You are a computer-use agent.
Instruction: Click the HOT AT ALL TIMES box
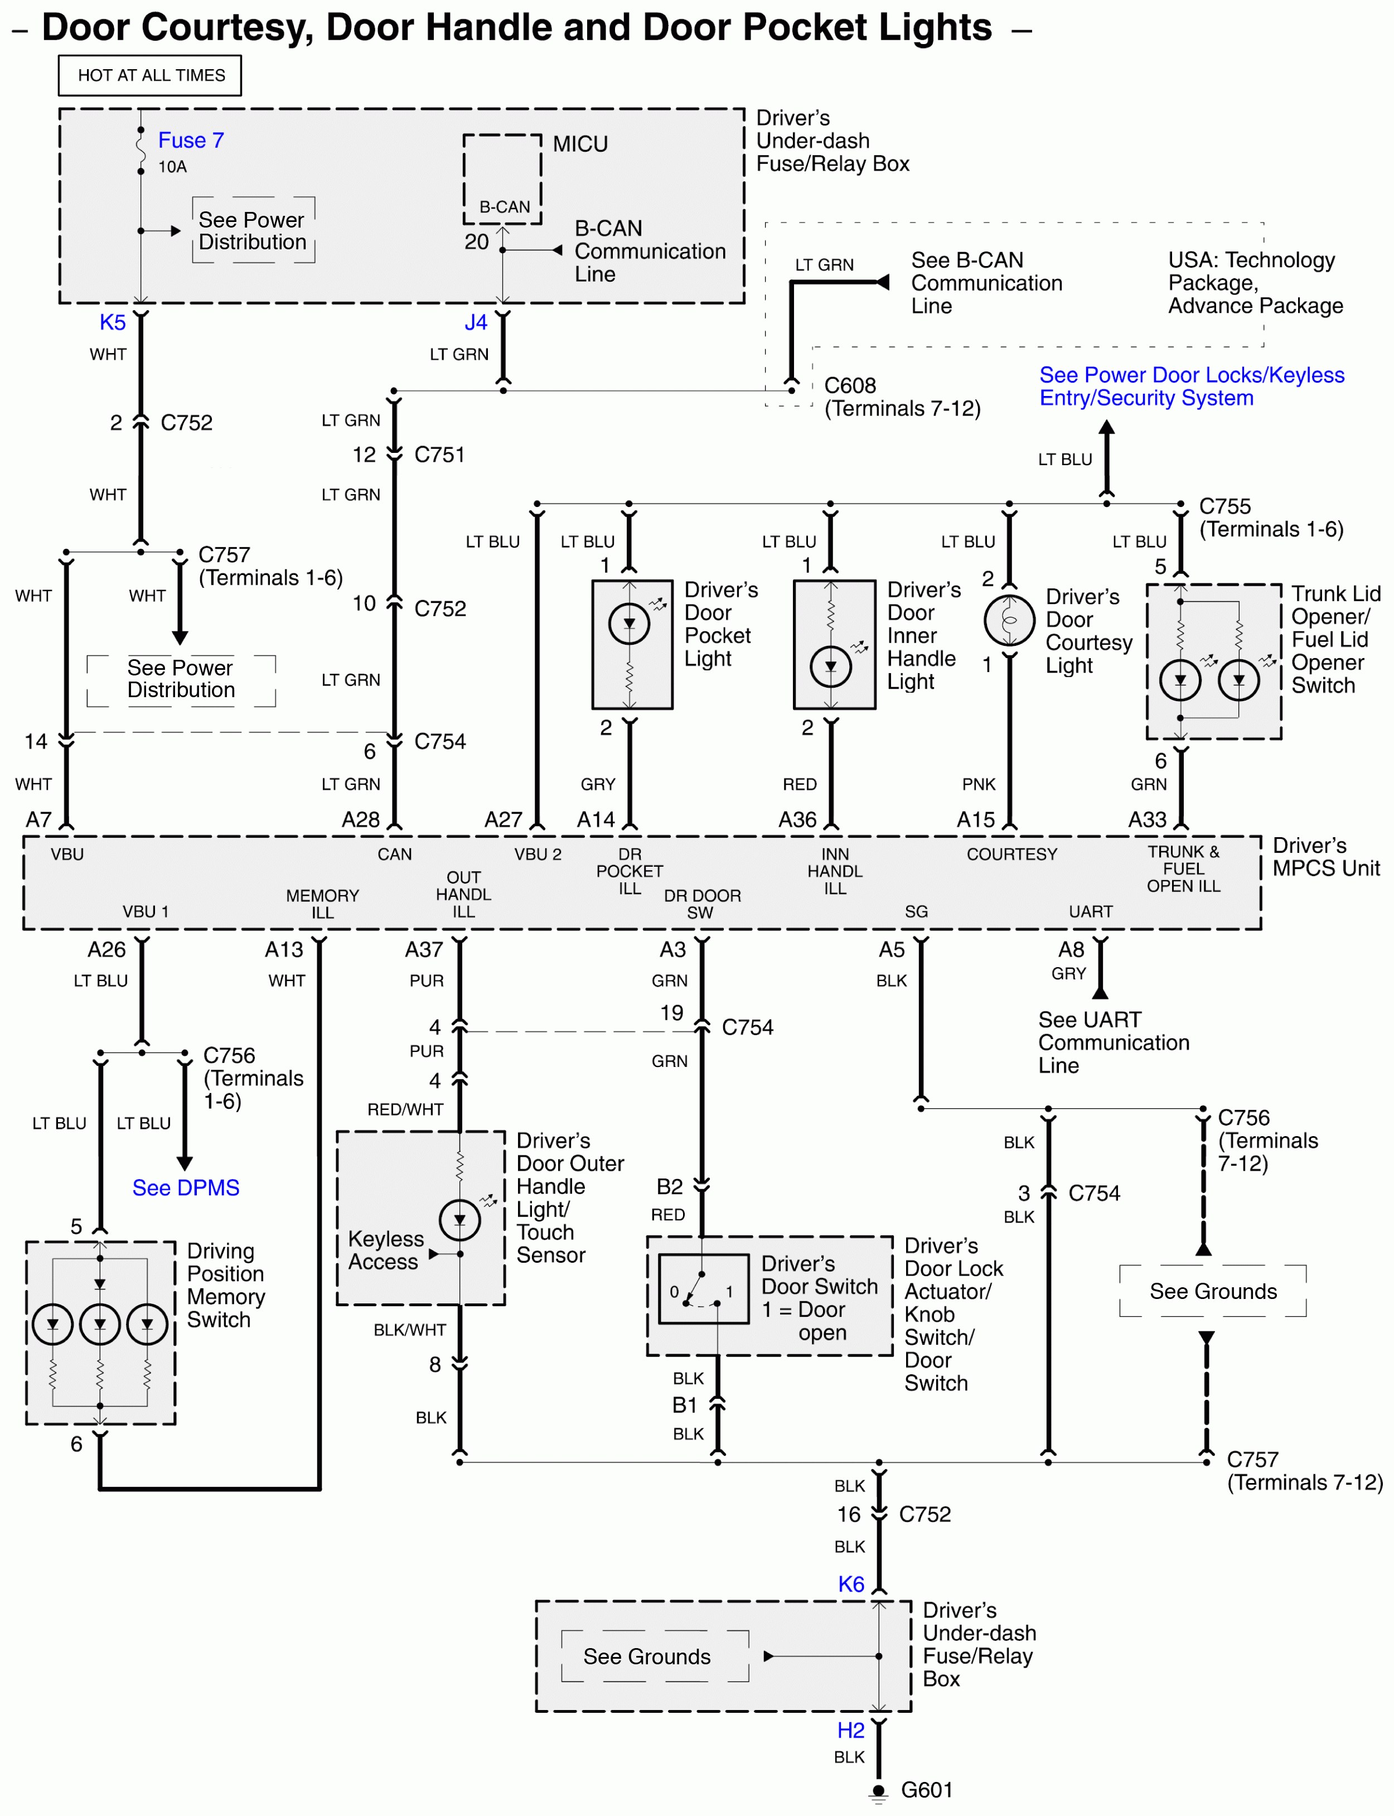click(150, 75)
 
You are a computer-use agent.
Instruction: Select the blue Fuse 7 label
click(191, 140)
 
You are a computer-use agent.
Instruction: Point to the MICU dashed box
click(502, 179)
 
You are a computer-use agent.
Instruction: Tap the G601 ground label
click(926, 1789)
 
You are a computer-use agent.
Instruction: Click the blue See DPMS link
click(186, 1187)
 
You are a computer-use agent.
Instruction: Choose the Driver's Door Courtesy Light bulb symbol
click(1009, 620)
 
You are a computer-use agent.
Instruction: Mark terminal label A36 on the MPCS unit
click(797, 820)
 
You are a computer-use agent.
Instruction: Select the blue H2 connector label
click(850, 1731)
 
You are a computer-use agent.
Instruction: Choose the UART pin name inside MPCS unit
click(1090, 911)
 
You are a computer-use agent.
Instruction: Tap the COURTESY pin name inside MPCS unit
click(1011, 854)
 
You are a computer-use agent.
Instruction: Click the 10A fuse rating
click(173, 167)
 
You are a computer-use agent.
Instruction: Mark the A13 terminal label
click(284, 949)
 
